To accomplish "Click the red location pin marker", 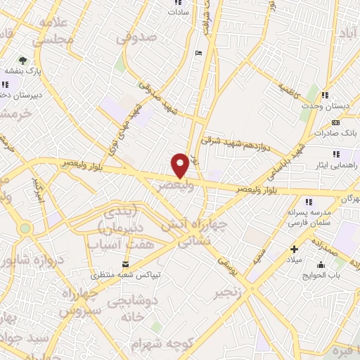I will (x=180, y=165).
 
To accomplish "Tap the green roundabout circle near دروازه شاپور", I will (x=26, y=228).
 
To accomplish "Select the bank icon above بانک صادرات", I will (x=335, y=122).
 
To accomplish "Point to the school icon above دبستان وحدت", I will (x=325, y=95).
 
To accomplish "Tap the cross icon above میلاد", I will (x=294, y=249).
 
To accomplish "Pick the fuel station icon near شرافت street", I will (x=198, y=53).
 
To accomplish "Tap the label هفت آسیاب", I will (x=115, y=244).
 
